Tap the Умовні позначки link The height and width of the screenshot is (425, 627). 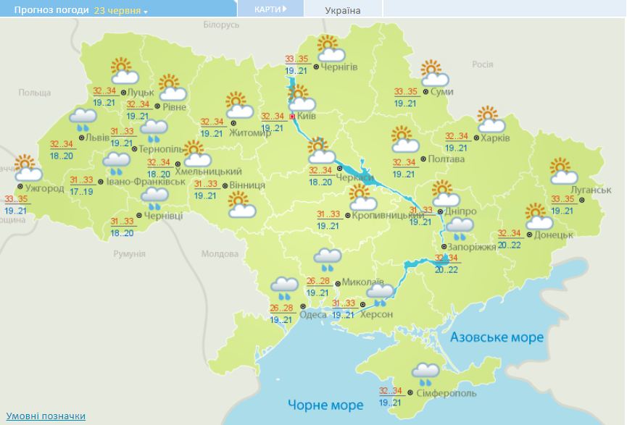pyautogui.click(x=46, y=416)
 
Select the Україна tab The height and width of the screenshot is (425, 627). pyautogui.click(x=343, y=10)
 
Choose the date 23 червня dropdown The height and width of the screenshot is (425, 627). pyautogui.click(x=120, y=11)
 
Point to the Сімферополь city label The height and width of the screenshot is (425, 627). pyautogui.click(x=447, y=392)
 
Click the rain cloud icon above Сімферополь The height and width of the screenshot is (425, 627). pyautogui.click(x=425, y=374)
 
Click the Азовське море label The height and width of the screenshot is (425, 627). pyautogui.click(x=497, y=337)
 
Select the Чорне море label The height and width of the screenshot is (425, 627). pyautogui.click(x=325, y=404)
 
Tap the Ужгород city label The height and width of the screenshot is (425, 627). pyautogui.click(x=44, y=188)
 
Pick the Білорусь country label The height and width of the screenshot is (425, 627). pyautogui.click(x=221, y=25)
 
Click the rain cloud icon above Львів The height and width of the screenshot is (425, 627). pyautogui.click(x=83, y=118)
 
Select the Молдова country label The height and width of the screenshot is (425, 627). pyautogui.click(x=219, y=255)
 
